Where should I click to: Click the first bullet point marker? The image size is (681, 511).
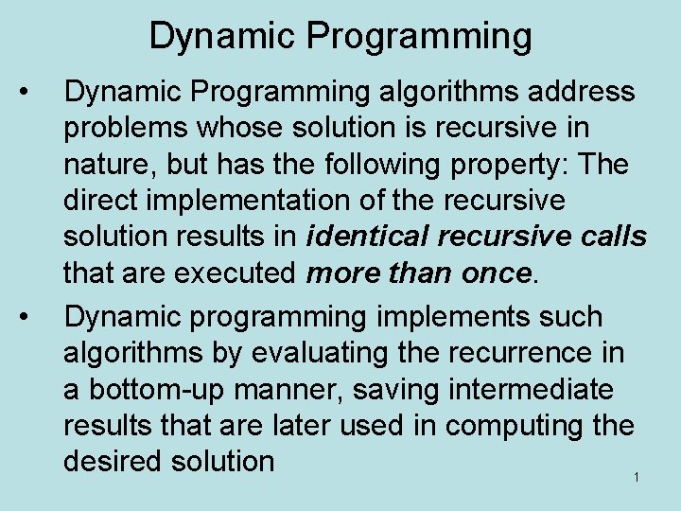(x=33, y=92)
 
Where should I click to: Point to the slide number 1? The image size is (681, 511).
(x=637, y=477)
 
